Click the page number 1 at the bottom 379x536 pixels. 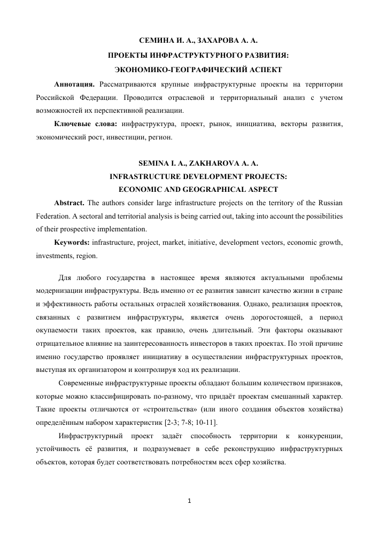[x=190, y=501]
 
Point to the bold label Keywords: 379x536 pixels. [x=72, y=243]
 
